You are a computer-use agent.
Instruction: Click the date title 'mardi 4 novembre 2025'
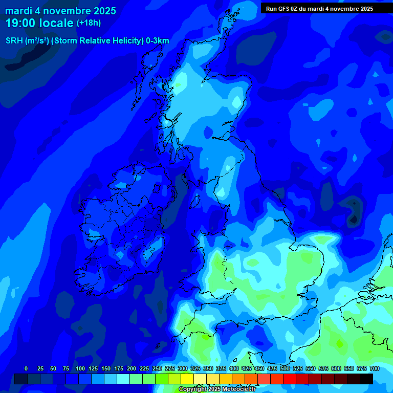click(x=60, y=11)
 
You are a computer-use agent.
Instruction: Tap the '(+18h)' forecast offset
click(x=89, y=23)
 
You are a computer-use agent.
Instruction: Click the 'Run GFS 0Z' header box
click(x=319, y=8)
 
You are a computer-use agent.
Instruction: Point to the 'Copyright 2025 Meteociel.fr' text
click(x=217, y=389)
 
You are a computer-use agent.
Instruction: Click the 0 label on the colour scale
click(x=26, y=368)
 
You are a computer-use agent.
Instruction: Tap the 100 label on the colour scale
click(x=80, y=368)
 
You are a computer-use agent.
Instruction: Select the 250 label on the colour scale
click(x=157, y=368)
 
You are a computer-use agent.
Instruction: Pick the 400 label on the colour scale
click(x=234, y=368)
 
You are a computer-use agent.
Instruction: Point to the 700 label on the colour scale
click(x=374, y=368)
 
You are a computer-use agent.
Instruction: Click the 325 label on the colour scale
click(x=195, y=368)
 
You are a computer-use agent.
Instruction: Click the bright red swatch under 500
click(x=290, y=379)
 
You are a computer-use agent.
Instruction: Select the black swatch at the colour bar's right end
click(x=366, y=379)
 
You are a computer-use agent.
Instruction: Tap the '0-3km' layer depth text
click(x=157, y=41)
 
